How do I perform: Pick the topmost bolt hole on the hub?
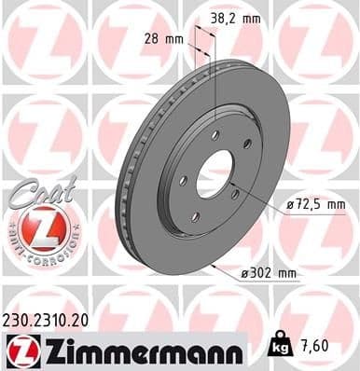pos(215,135)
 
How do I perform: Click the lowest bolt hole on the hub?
pos(195,216)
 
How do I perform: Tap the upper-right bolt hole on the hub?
pos(247,144)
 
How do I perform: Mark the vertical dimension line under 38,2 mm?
pos(215,84)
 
